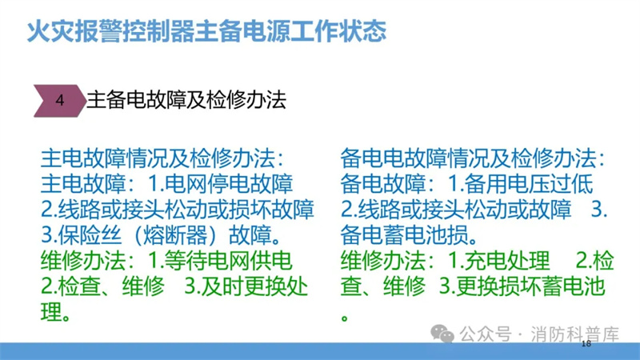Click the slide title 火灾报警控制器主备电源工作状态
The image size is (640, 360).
206,31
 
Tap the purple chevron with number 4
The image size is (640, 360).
60,101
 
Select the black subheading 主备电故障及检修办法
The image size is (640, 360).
186,100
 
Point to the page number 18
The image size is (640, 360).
586,343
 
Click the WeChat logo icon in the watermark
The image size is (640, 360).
442,334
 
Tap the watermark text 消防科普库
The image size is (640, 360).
574,334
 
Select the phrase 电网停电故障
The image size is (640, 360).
229,184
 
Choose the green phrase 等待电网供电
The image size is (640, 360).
228,261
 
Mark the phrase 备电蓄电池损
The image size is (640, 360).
404,234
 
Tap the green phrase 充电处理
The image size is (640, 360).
507,261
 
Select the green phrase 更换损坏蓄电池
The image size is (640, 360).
530,286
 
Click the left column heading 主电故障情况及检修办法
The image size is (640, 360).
158,158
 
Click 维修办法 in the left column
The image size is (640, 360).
83,261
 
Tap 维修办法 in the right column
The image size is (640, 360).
383,261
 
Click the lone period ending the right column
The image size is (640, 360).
345,318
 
